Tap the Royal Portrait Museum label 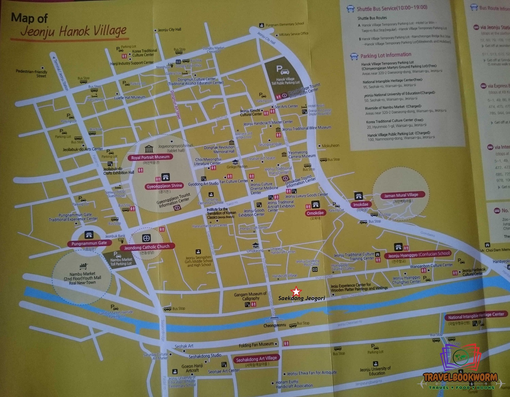coord(150,157)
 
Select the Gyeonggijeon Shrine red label coord(164,186)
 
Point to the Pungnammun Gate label coord(89,243)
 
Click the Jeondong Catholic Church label coord(147,247)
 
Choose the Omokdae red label coord(315,213)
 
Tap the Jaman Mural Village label coord(401,195)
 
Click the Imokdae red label coord(360,205)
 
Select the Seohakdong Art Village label coord(256,359)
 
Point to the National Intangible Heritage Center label coord(476,315)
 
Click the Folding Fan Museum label coord(256,345)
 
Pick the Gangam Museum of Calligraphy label coord(250,296)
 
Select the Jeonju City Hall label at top coord(169,30)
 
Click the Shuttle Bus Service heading coord(392,8)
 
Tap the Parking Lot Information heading coord(386,55)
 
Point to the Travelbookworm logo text coord(460,377)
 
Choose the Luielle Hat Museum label coord(130,98)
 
